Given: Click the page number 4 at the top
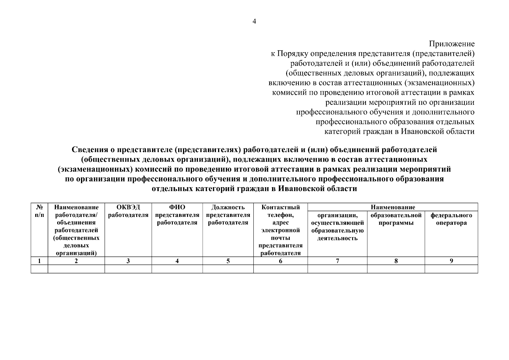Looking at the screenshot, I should click(x=254, y=22).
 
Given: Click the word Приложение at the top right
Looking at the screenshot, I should click(x=452, y=44).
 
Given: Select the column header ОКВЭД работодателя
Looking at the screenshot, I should click(x=128, y=211).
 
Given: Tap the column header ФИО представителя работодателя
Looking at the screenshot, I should click(x=177, y=215).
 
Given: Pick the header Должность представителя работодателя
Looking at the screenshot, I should click(x=228, y=215).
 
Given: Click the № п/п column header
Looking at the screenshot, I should click(x=39, y=211).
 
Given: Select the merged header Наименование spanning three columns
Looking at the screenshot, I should click(x=393, y=207).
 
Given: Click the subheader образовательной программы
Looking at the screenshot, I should click(x=396, y=219).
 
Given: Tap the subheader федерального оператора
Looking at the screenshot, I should click(x=451, y=219).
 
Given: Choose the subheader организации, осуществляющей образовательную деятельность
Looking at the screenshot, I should click(x=337, y=227).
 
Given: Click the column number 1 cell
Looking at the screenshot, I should click(x=39, y=261).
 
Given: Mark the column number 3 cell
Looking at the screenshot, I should click(x=128, y=261).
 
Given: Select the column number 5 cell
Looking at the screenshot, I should click(x=228, y=261).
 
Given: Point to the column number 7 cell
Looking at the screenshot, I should click(x=337, y=261).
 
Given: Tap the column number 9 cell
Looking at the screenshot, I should click(x=451, y=261).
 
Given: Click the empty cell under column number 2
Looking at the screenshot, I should click(x=76, y=269).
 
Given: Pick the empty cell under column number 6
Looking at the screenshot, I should click(x=280, y=269).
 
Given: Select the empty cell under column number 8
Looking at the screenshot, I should click(x=396, y=269).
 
